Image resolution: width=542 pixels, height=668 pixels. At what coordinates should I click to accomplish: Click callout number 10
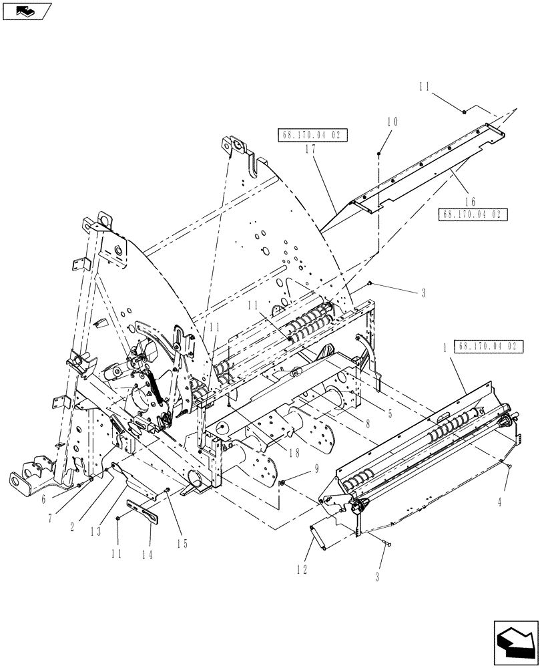[x=392, y=122]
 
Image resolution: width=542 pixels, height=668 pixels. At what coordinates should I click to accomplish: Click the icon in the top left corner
[x=26, y=11]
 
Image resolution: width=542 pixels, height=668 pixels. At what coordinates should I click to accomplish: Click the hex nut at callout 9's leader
[x=283, y=482]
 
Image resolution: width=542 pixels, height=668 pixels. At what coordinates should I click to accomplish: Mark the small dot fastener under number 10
[x=378, y=154]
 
